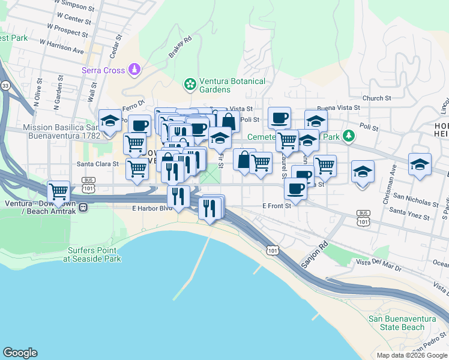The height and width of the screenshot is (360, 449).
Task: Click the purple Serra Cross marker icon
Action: (134, 70)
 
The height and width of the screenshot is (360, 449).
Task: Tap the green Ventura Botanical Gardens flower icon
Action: (190, 84)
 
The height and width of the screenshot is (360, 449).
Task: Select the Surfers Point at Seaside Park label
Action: (94, 254)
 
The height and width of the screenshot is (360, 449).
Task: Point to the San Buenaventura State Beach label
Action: (396, 323)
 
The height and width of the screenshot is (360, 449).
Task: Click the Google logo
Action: (20, 353)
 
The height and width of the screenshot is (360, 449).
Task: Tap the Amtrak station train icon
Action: (83, 207)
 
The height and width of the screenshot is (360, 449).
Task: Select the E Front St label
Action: (277, 206)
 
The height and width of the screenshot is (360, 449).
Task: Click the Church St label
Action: (376, 98)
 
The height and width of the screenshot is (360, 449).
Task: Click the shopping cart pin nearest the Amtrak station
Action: (59, 192)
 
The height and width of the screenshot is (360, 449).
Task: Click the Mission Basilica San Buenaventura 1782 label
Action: (59, 131)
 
